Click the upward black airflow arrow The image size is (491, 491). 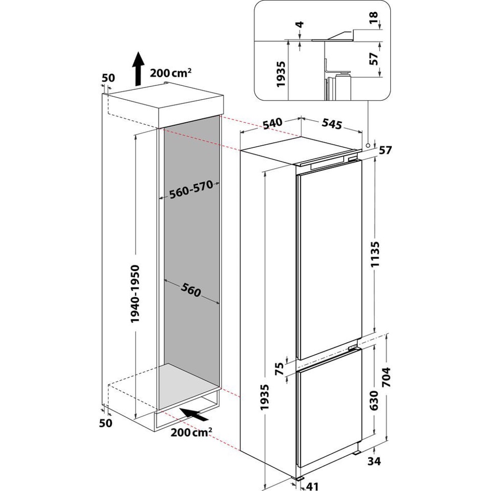[x=138, y=69]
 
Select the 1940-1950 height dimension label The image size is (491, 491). [x=135, y=294]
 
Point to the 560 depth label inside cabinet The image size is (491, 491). [x=190, y=292]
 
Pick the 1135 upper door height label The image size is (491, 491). [x=375, y=254]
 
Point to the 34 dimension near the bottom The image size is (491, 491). [x=374, y=462]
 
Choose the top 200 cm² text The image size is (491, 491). [x=171, y=73]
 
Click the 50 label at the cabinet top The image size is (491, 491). [x=108, y=78]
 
